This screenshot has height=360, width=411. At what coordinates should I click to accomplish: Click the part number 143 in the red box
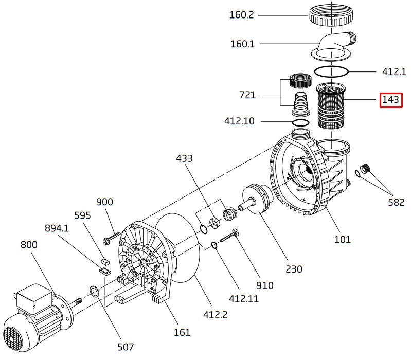pyautogui.click(x=390, y=100)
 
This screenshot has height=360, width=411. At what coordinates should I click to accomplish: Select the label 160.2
pyautogui.click(x=241, y=15)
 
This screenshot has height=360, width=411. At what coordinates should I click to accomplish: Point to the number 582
pyautogui.click(x=396, y=202)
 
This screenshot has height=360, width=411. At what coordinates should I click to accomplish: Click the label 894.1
pyautogui.click(x=57, y=228)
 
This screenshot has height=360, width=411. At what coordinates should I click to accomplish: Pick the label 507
pyautogui.click(x=126, y=347)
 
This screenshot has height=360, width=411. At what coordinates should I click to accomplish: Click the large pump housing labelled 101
pyautogui.click(x=309, y=175)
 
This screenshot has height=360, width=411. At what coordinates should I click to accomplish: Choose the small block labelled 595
pyautogui.click(x=104, y=261)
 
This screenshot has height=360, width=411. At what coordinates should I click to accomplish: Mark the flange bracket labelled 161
pyautogui.click(x=141, y=262)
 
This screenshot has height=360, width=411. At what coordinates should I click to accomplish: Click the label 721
pyautogui.click(x=248, y=96)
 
